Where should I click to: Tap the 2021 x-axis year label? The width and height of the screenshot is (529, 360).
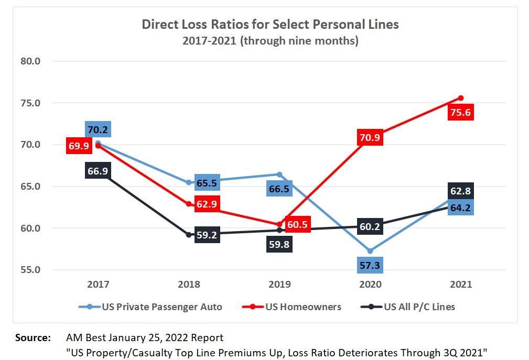coord(461,284)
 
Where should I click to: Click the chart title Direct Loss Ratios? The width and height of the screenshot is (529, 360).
coord(270,25)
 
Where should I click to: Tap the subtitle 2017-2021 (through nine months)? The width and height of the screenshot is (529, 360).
coord(270,41)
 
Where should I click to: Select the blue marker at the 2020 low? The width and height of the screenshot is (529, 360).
coord(371,251)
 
